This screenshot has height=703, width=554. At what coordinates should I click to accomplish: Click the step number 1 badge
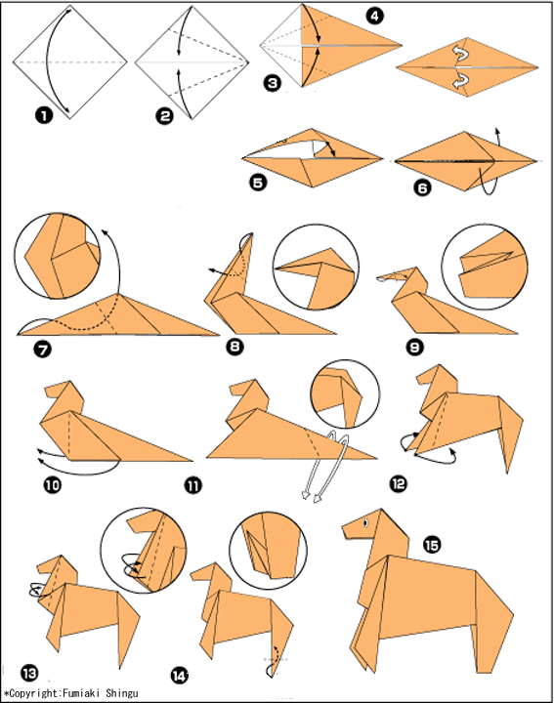coord(44,115)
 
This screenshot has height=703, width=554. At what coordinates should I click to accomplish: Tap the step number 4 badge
coord(374,17)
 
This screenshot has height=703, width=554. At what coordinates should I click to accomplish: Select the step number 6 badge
coord(422,187)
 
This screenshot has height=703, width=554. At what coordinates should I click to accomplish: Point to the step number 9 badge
coord(415,348)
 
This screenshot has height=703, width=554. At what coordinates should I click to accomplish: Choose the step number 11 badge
coord(193,485)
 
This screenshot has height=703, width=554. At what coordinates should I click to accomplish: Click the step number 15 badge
coord(432,545)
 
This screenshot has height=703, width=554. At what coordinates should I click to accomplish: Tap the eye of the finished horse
coord(366,523)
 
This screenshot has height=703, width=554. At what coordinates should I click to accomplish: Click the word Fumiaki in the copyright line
coord(82,693)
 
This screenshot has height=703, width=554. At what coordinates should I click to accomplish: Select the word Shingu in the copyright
coord(122,693)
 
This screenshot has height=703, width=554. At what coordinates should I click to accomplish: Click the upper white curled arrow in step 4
coord(462,55)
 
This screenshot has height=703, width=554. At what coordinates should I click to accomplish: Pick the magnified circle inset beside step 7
coord(57,256)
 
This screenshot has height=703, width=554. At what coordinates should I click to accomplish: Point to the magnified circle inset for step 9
coord(485,267)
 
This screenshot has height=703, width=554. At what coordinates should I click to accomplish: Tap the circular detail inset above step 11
coord(345,394)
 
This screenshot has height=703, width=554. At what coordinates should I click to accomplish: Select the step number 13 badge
coord(29,674)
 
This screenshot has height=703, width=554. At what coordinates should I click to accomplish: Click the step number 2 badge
coord(164,116)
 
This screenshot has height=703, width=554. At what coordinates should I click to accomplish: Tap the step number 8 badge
coord(235,346)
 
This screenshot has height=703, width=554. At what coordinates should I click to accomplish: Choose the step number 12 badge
coord(399,483)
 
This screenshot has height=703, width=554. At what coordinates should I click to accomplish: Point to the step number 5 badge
coord(258,183)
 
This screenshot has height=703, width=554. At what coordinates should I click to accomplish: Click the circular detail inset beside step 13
coord(143,551)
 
